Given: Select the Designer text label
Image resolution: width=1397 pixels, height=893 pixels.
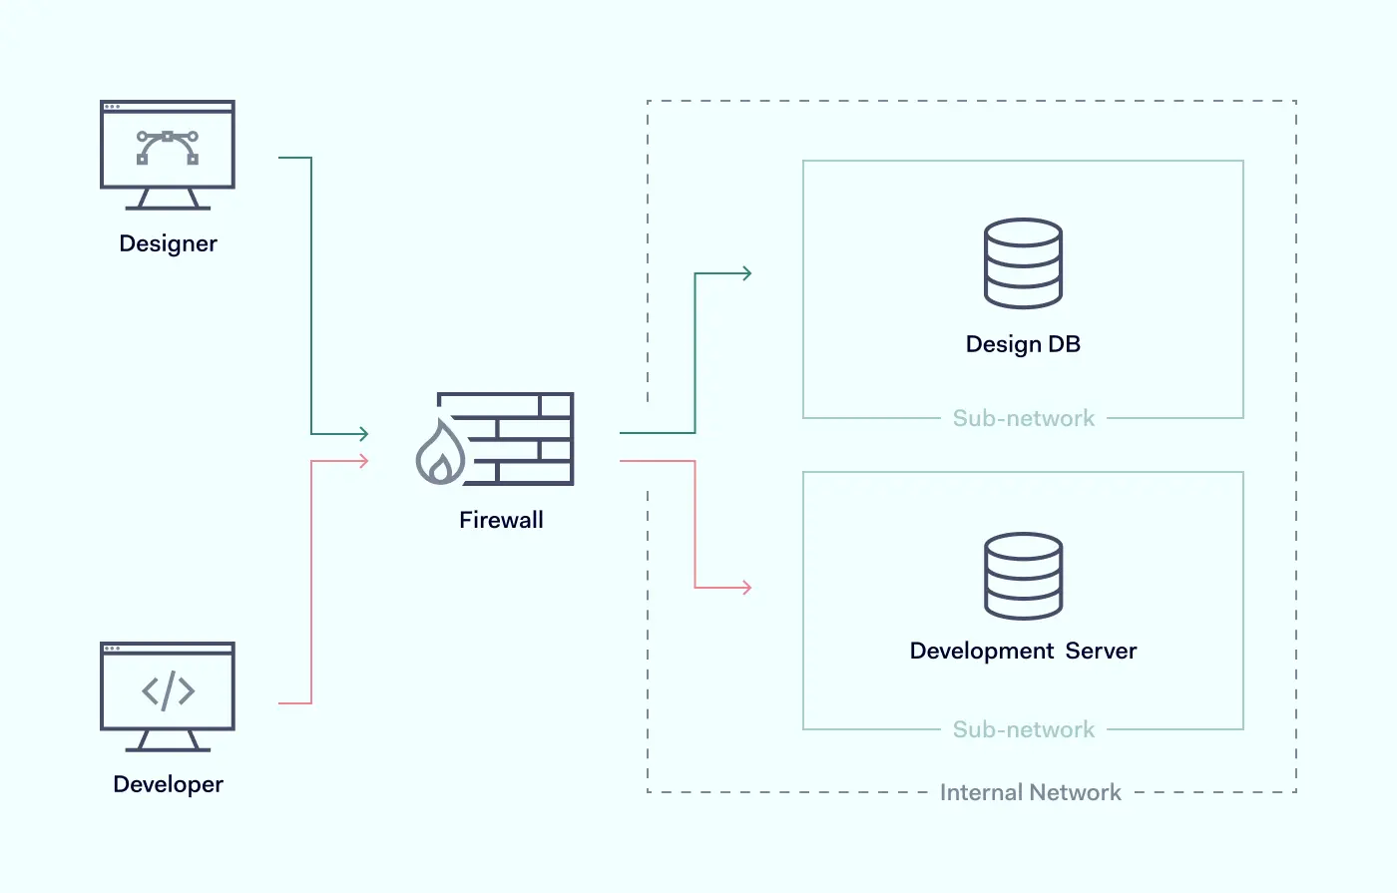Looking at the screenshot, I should point(168,243).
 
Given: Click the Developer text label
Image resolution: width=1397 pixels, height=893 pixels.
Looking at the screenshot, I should point(168,784).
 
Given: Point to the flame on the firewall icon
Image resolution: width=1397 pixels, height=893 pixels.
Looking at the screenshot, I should point(440,456).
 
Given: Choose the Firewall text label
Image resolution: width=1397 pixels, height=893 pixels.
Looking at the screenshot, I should point(501,520).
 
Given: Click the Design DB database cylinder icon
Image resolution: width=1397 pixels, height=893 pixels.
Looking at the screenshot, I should point(1023,263).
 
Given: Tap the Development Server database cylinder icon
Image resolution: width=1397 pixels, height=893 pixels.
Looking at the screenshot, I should point(1023,576).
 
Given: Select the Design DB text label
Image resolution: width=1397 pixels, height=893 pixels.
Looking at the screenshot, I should point(1023,344).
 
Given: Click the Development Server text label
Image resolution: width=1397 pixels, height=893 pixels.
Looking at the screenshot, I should point(1023,651).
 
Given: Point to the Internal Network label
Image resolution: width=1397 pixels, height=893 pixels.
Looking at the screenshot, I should point(1030,792).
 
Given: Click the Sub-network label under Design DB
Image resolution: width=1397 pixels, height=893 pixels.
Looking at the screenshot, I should point(1023,418).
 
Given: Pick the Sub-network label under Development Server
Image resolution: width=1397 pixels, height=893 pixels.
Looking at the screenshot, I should point(1023,729).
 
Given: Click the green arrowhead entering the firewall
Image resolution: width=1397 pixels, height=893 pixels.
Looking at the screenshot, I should point(364,433).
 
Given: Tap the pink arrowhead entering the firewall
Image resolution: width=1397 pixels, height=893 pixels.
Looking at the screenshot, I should point(364,461).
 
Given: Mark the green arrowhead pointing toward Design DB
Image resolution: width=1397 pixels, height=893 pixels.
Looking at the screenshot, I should point(746,273).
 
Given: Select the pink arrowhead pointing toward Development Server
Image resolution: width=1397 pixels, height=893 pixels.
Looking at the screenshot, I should point(746,588).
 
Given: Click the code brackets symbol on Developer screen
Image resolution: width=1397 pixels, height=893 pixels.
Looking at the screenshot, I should point(168,690).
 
